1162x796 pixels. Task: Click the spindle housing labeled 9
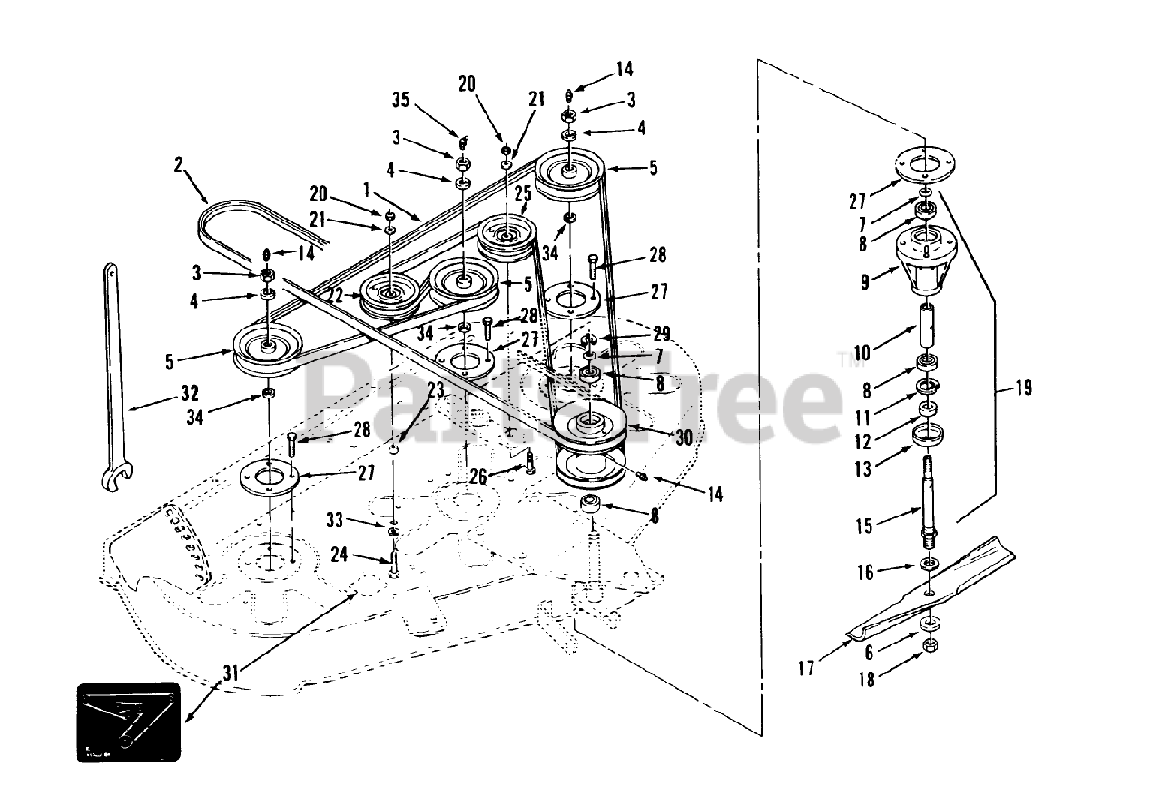[x=926, y=259]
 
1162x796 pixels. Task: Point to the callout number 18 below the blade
[x=867, y=679]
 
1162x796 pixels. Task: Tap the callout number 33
[x=336, y=520]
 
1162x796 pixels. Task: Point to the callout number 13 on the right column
[x=862, y=468]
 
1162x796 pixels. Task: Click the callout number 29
[x=661, y=333]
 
